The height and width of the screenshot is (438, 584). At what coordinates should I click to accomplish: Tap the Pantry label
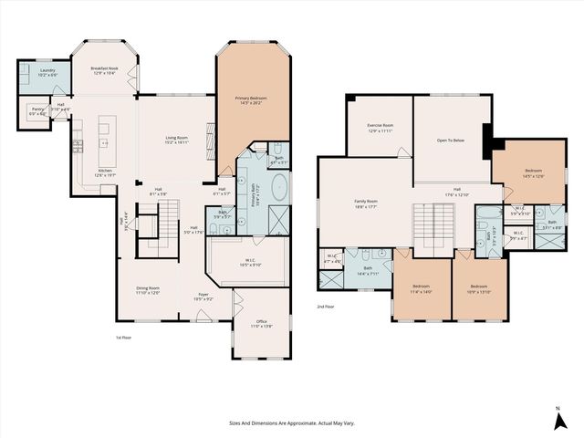[37, 111]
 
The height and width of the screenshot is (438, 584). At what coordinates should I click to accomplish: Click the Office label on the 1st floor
[262, 323]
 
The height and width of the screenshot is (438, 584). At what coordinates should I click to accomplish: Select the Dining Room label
[148, 290]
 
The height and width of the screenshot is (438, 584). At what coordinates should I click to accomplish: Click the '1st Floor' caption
[124, 338]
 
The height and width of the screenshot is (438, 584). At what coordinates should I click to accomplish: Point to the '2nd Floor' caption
[326, 307]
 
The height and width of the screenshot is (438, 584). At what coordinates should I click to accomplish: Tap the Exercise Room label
[380, 127]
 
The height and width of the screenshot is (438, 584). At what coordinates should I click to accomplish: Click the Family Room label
[367, 203]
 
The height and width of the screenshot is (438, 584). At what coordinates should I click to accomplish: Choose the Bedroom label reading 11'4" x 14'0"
[421, 289]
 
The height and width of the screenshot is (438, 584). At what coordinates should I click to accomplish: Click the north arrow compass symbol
[557, 422]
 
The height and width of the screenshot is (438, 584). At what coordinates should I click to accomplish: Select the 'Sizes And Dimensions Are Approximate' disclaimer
[291, 422]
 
